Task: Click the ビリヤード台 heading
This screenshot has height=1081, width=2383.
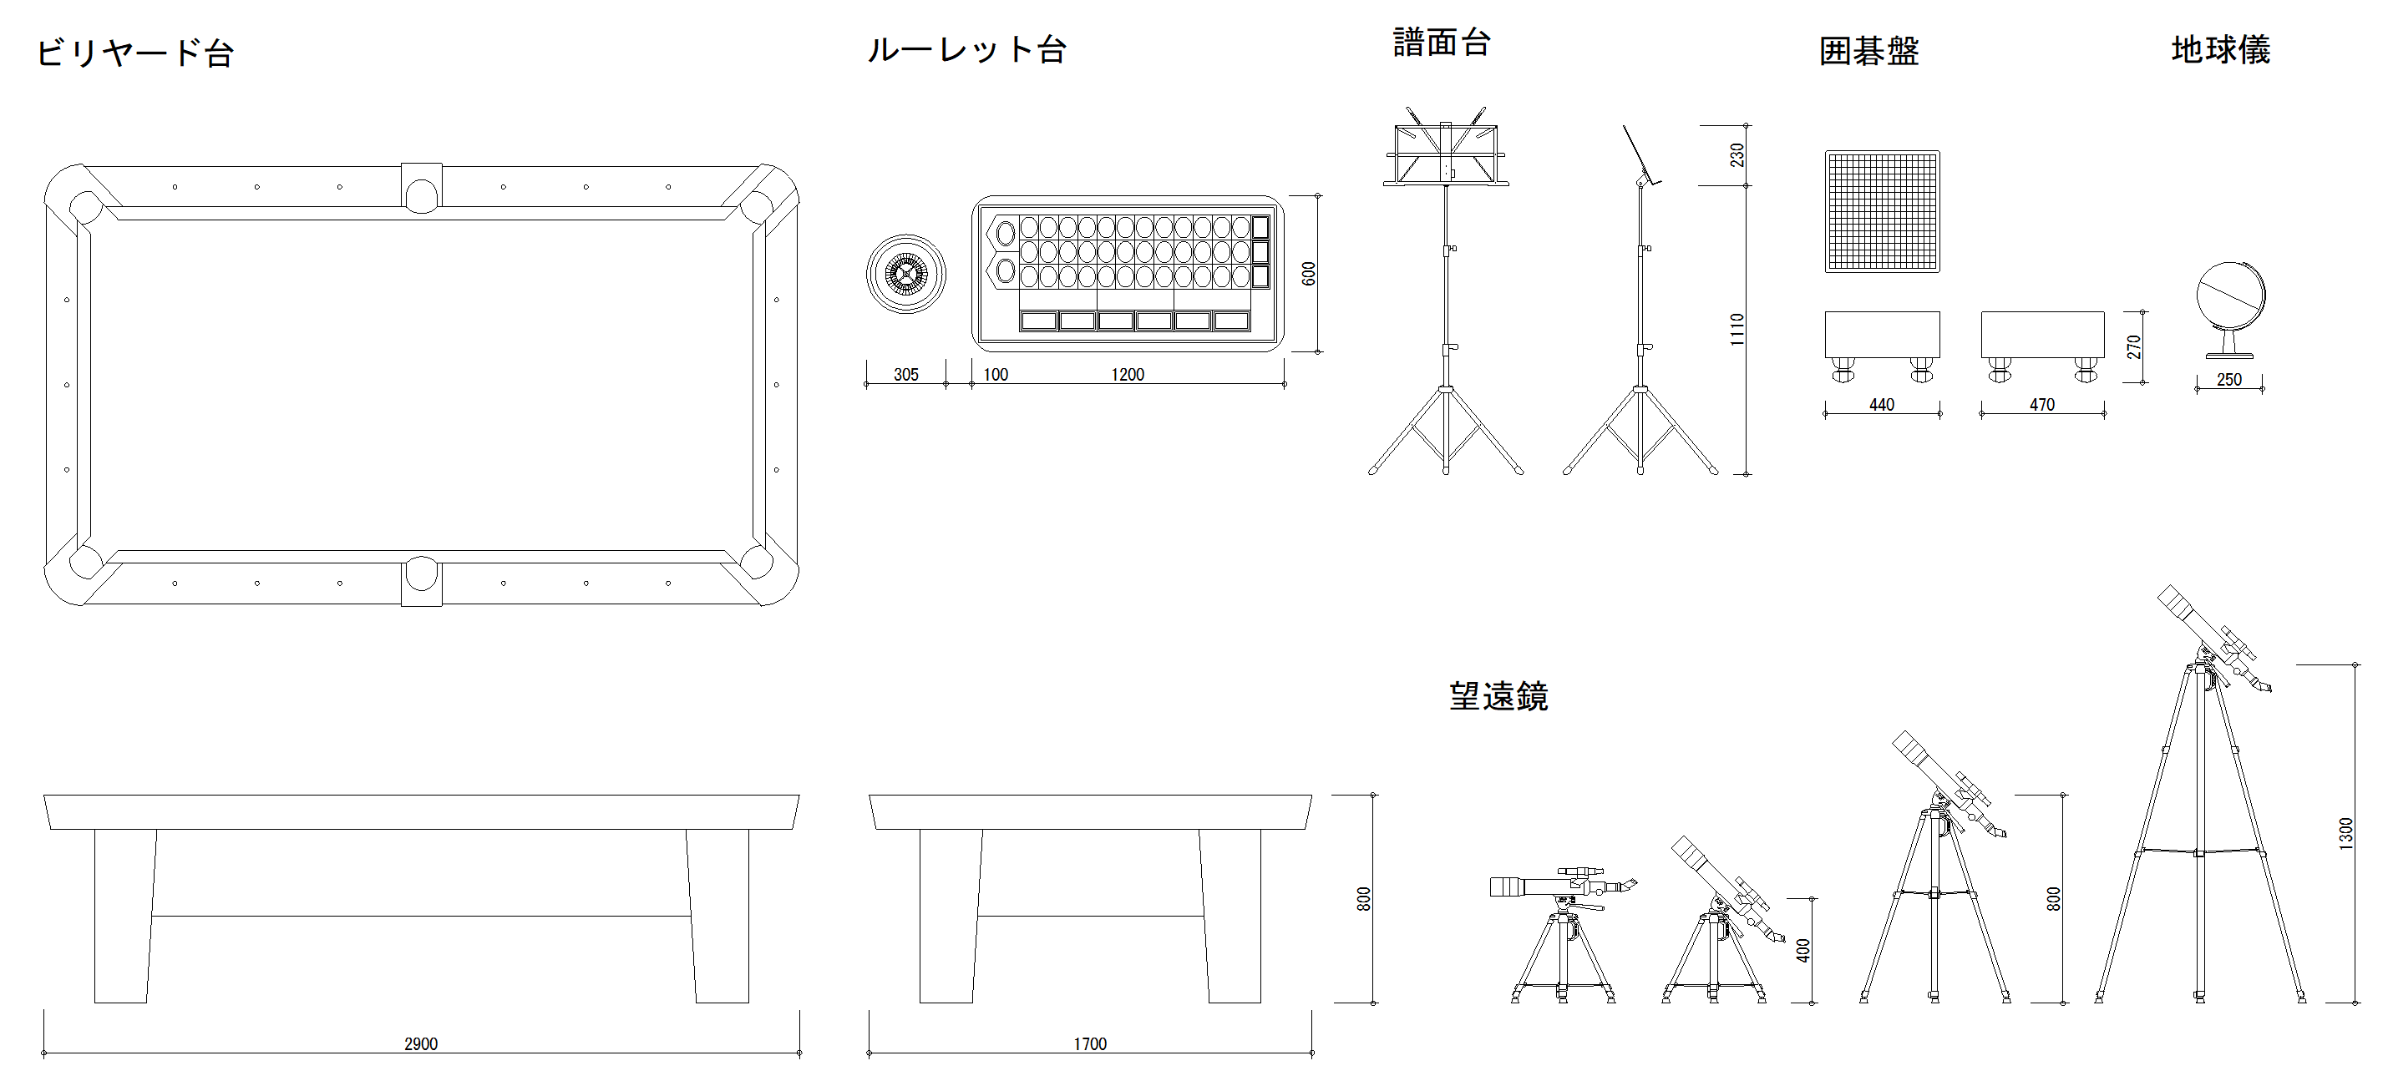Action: [135, 53]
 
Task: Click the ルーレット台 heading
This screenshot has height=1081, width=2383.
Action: [966, 50]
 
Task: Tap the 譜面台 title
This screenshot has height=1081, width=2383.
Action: [1442, 43]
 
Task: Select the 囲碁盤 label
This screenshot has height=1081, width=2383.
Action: [1868, 51]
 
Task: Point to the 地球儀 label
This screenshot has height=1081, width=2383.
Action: [2220, 50]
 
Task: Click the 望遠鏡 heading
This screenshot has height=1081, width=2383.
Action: [1498, 696]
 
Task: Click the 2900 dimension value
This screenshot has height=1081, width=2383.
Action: [420, 1044]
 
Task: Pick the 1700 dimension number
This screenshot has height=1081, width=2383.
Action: [1090, 1044]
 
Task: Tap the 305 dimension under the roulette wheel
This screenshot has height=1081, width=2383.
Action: [905, 375]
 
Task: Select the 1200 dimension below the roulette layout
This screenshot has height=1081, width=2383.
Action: [1127, 375]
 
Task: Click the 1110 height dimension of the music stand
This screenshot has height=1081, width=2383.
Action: [1737, 329]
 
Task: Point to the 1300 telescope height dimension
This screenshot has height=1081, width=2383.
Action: [2345, 833]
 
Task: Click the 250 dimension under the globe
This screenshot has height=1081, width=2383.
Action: [2228, 379]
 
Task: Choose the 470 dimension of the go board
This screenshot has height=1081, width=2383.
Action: [2041, 405]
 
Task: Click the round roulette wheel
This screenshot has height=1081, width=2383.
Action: [905, 274]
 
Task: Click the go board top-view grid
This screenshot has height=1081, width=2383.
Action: [1882, 212]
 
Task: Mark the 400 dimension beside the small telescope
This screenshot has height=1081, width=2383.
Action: [1802, 950]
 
